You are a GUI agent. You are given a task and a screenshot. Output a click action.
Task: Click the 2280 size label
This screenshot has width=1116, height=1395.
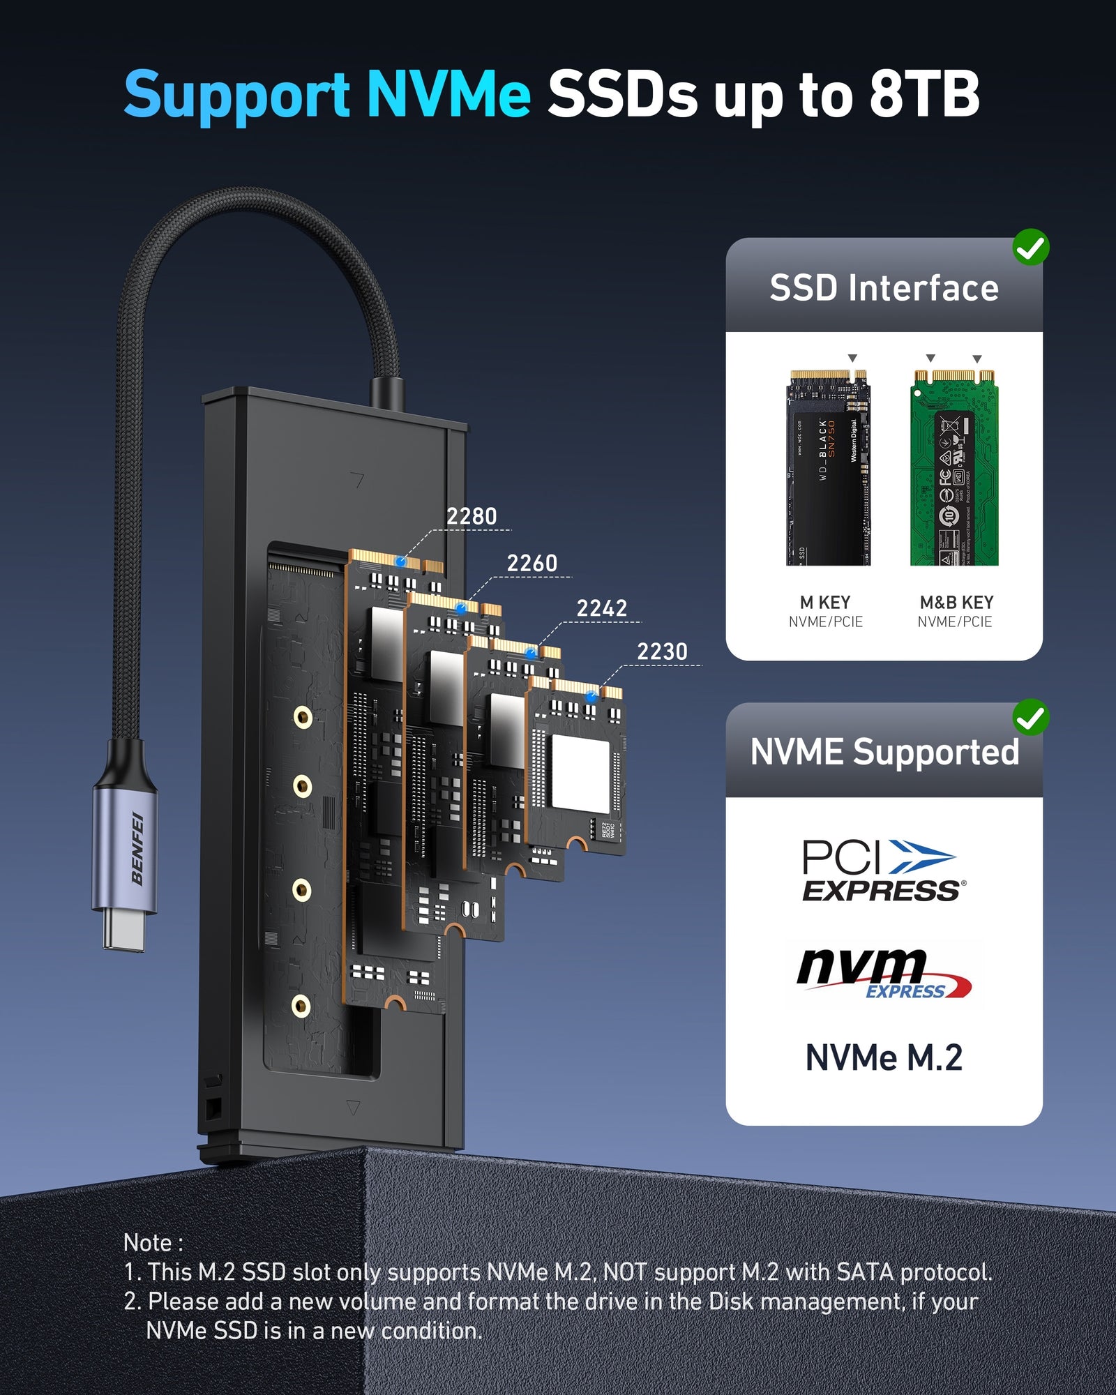coord(472,516)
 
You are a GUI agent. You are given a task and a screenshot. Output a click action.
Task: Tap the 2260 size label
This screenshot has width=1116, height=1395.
coord(531,563)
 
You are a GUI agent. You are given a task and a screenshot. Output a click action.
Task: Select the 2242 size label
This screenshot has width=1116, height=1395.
coord(601,608)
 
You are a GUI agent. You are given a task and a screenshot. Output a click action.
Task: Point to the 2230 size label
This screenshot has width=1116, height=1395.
coord(662,651)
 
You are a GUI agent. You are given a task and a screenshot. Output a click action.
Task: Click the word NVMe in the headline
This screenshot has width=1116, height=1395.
coord(448,94)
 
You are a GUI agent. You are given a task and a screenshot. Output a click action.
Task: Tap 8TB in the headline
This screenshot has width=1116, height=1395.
coord(924,94)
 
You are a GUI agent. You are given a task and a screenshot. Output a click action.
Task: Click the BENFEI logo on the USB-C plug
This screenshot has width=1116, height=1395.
coord(137,848)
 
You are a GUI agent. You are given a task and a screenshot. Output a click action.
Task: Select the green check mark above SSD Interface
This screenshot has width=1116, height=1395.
coord(1030,247)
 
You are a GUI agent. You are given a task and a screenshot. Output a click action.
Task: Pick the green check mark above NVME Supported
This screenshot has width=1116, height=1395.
coord(1030,717)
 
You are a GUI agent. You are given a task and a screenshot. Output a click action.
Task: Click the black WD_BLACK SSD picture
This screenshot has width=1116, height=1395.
coord(828,467)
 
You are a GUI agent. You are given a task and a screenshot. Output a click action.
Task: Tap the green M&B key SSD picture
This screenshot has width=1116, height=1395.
coord(954,467)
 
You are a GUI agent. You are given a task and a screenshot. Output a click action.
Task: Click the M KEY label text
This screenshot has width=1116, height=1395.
coord(825,602)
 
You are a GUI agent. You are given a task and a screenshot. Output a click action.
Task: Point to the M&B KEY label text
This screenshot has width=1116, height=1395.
coord(956,602)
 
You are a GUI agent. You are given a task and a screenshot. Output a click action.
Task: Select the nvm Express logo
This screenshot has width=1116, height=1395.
coord(883,972)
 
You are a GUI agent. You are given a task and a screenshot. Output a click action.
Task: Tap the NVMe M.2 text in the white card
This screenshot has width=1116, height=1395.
coord(884,1057)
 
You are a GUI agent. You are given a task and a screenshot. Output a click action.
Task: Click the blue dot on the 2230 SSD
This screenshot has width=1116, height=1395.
coord(591,697)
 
